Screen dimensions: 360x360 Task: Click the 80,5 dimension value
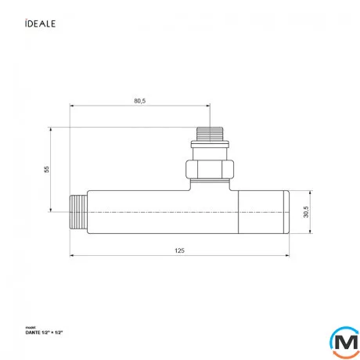(141, 100)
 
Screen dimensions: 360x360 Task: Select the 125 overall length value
(181, 250)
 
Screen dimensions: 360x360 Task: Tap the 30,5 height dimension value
(305, 212)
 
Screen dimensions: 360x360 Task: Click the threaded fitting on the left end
(77, 212)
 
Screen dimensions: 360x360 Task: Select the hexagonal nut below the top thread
(209, 167)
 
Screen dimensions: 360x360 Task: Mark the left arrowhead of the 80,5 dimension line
(72, 106)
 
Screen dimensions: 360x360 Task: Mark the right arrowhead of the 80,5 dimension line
(207, 106)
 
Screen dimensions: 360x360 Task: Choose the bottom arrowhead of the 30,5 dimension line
(311, 232)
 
